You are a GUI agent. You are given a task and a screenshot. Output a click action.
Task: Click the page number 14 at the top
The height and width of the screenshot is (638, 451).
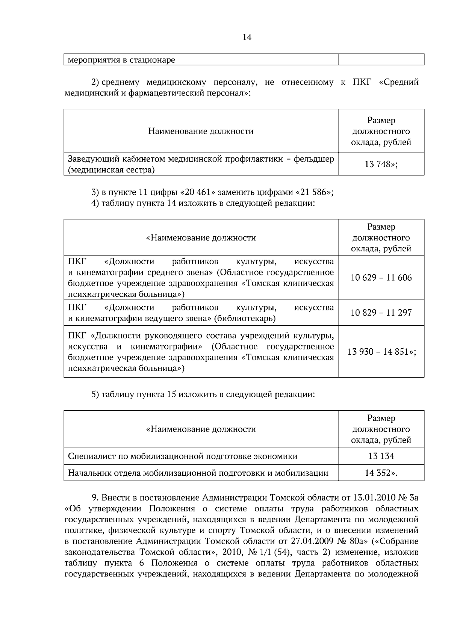click(247, 37)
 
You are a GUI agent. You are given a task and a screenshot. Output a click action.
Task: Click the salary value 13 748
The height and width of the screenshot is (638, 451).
click(378, 164)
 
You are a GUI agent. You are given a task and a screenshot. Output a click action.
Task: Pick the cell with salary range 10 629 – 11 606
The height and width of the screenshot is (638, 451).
click(381, 278)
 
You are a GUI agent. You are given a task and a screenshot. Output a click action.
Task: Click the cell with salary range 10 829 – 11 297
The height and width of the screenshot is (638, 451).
click(381, 313)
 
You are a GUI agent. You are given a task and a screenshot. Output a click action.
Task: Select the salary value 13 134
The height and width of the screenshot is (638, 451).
click(381, 456)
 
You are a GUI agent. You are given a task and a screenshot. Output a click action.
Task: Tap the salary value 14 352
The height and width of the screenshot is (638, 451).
click(378, 473)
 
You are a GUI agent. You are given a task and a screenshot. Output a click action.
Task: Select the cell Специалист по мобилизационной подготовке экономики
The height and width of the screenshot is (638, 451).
click(183, 456)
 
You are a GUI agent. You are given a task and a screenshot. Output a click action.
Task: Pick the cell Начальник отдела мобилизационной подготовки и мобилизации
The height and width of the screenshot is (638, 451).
click(198, 473)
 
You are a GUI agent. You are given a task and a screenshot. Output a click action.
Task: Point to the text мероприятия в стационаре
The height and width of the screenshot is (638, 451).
click(121, 60)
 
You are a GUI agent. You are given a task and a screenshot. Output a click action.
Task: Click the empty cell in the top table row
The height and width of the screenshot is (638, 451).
click(381, 59)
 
